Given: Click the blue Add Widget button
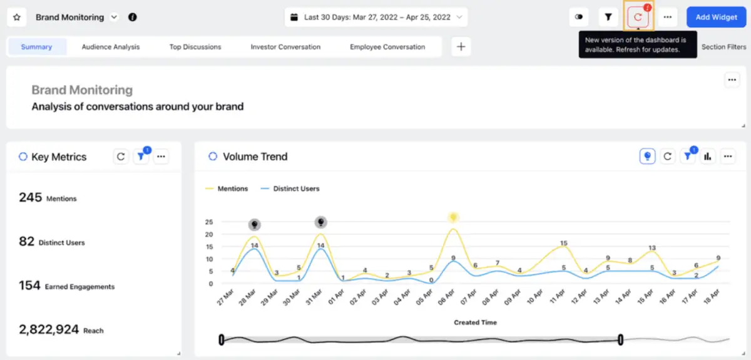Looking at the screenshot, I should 716,17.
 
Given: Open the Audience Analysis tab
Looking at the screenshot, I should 111,47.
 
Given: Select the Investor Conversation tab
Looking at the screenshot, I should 285,47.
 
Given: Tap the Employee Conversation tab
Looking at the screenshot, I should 387,47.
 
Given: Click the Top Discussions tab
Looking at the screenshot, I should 195,47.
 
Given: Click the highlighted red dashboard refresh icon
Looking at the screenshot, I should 638,18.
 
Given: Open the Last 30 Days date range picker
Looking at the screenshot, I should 376,18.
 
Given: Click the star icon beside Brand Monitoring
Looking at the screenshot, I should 17,18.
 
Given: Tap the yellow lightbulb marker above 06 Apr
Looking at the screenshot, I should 453,217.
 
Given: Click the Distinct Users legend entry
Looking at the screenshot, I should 296,188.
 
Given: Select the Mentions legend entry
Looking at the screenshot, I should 232,188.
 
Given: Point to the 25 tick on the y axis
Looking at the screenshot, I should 209,222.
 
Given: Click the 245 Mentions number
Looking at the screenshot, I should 30,198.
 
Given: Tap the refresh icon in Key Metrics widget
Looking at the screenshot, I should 121,157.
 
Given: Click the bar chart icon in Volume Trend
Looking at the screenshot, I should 708,157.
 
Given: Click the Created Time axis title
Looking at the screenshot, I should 475,322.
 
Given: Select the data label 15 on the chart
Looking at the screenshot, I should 563,243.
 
